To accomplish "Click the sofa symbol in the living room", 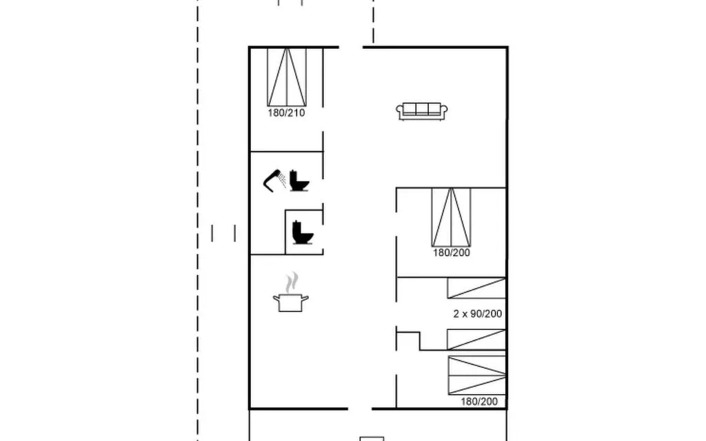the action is point(422,111).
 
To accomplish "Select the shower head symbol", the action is point(271,180).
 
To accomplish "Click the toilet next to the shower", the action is point(299,181).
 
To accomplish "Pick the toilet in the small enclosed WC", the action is point(303,232).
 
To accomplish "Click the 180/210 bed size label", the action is point(286,113).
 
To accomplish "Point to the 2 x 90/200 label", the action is point(478,314).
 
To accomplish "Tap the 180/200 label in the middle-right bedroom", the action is point(452,253).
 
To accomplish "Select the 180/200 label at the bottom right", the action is point(480,402).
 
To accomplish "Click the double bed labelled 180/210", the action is point(287,77).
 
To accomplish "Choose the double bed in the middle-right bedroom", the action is point(451,217).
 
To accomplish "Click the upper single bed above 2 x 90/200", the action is point(476,288).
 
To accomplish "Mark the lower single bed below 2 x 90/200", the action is point(476,339).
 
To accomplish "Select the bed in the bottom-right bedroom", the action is point(477,376).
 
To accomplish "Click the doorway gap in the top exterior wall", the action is point(351,47).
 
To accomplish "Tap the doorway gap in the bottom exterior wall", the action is point(360,409).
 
